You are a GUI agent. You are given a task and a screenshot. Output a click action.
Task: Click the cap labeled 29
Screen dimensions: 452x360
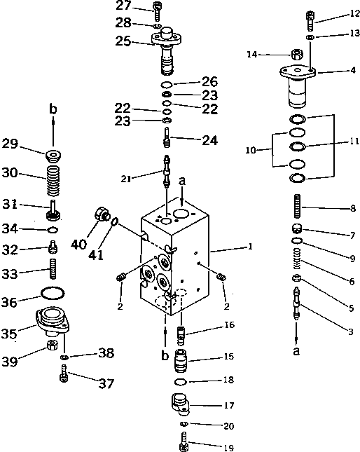click(53, 153)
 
